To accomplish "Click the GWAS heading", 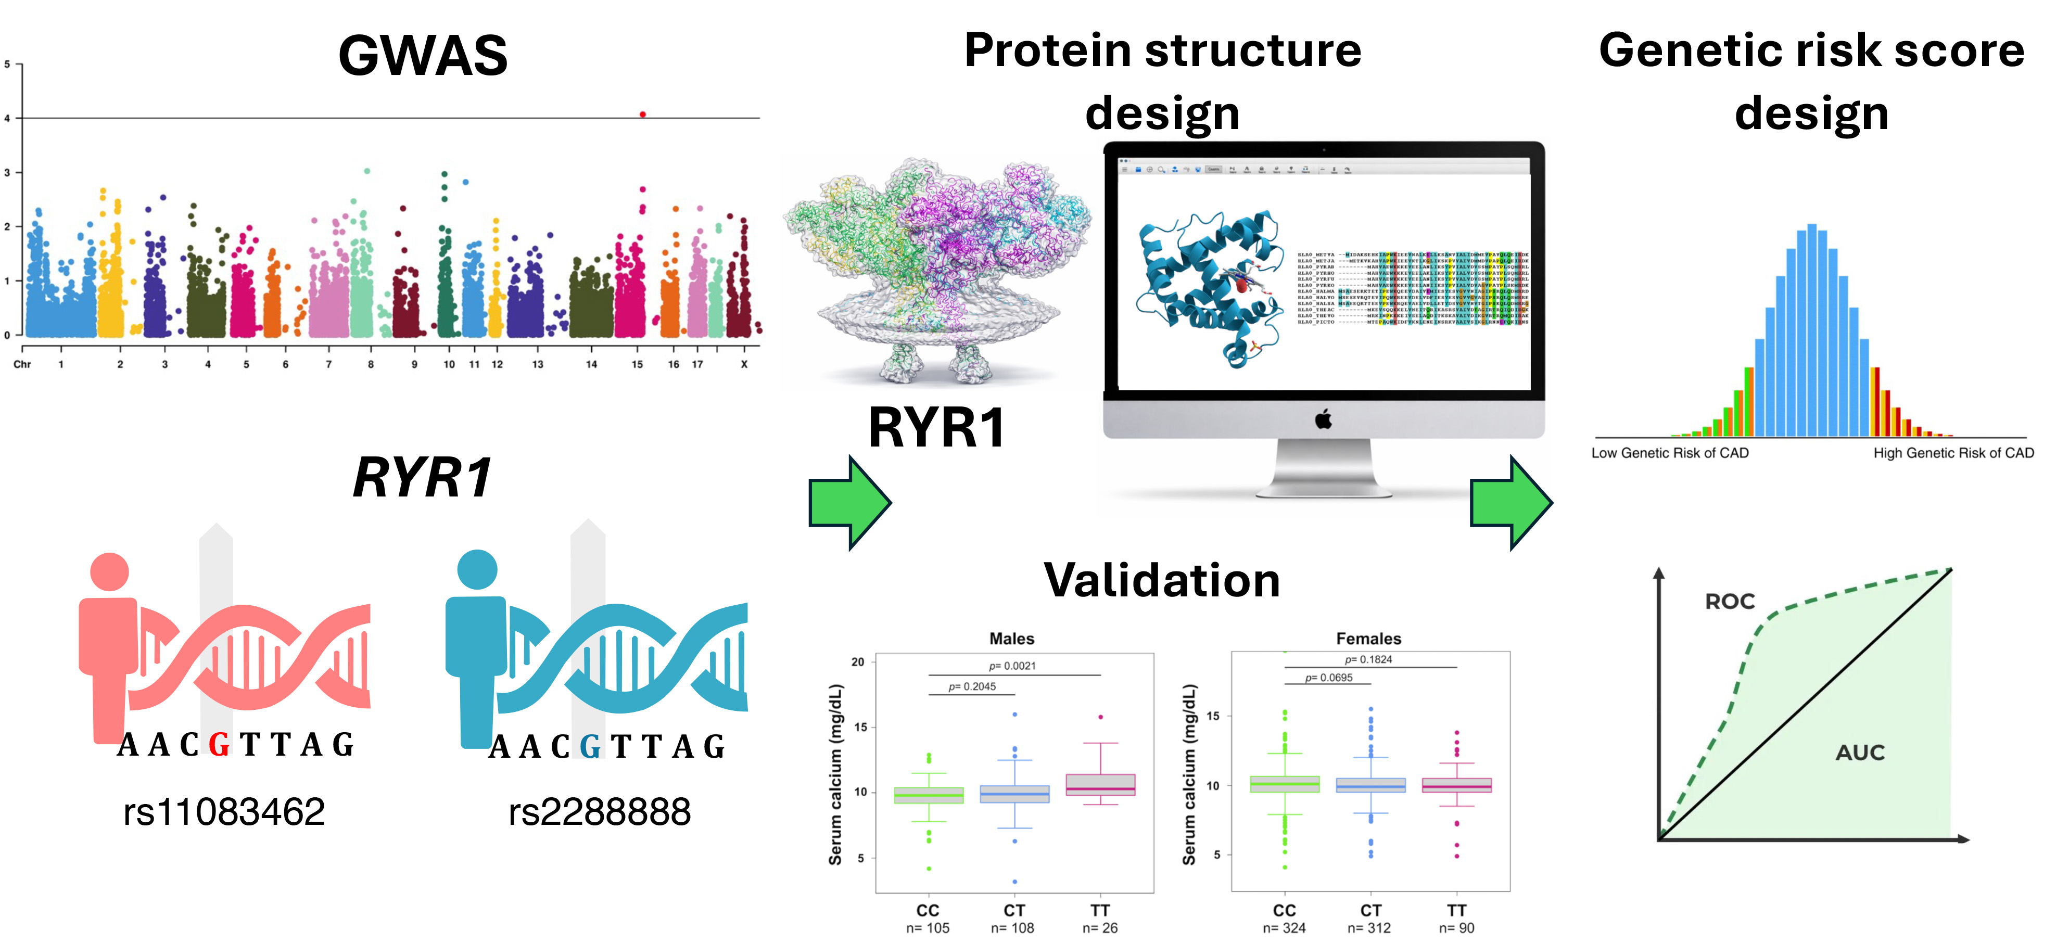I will click(423, 55).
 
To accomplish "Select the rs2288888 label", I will click(599, 811).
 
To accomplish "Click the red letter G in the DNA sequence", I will click(219, 745).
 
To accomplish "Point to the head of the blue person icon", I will click(477, 569).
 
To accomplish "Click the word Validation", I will click(1161, 580).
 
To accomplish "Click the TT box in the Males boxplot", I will click(1100, 785).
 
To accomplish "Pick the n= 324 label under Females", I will click(1284, 928).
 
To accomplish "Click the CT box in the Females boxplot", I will click(1370, 785).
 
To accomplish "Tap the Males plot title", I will click(1011, 639).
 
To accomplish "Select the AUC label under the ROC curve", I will click(1859, 753).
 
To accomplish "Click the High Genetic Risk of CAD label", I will click(1953, 453).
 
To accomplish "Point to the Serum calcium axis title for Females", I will click(1189, 774).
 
